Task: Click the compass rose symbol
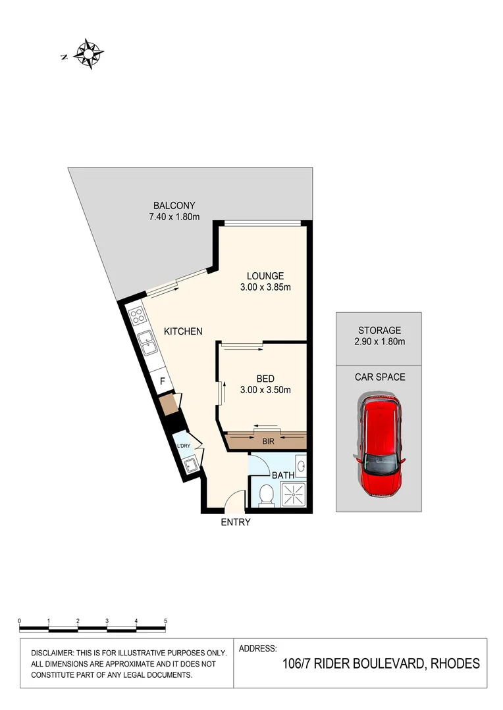click(88, 54)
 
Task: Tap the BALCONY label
click(174, 205)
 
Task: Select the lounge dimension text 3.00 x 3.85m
click(265, 287)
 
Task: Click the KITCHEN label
click(183, 331)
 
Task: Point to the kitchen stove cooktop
click(138, 318)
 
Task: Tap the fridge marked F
click(162, 380)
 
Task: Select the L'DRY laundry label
click(184, 446)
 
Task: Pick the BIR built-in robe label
click(268, 441)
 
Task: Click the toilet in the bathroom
click(266, 495)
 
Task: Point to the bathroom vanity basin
click(301, 467)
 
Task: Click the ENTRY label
click(236, 523)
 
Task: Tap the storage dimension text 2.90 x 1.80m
click(379, 341)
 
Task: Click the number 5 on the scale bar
click(165, 621)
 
